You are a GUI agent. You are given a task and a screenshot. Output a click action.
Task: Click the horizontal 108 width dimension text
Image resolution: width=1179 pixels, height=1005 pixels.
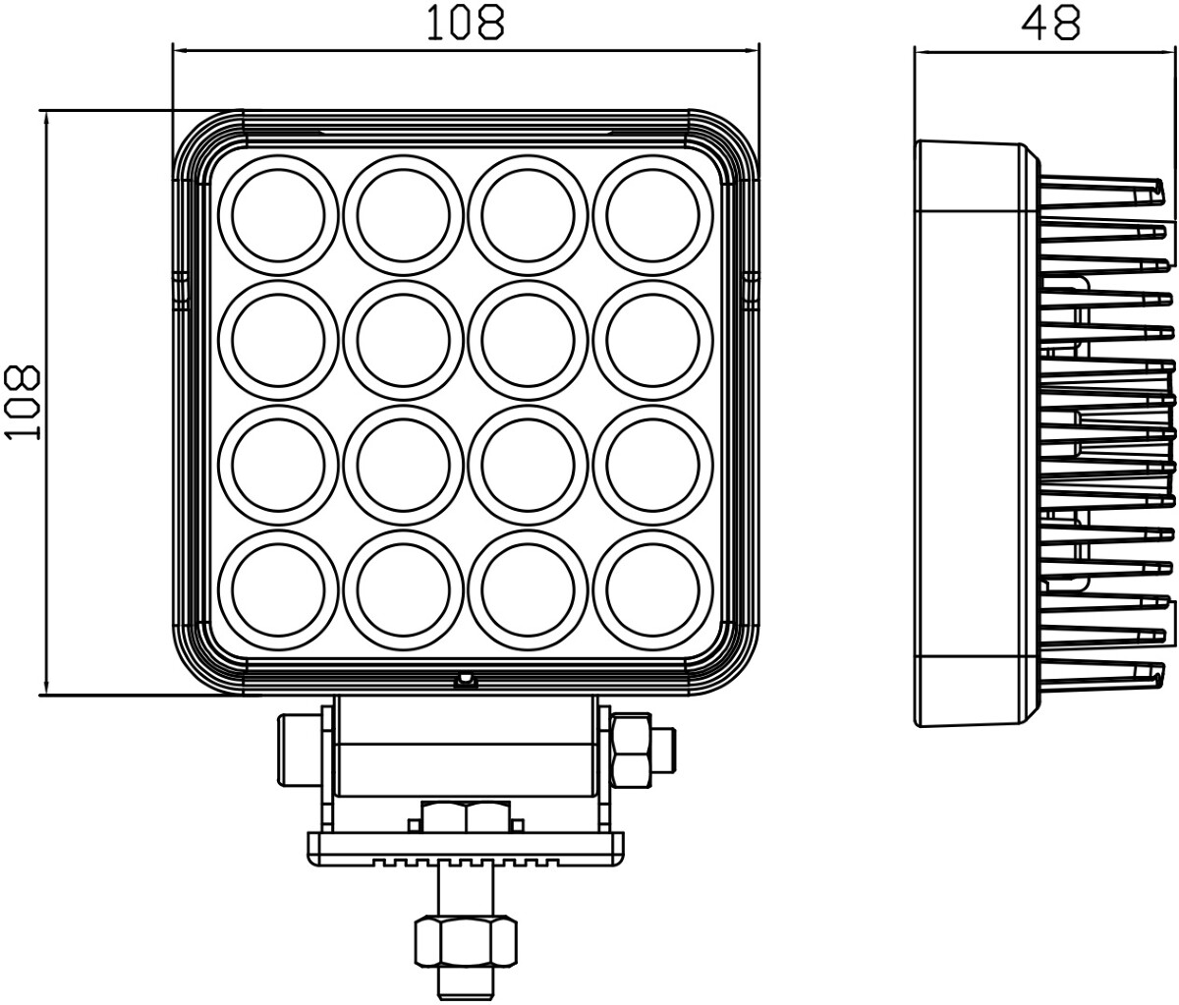point(466,23)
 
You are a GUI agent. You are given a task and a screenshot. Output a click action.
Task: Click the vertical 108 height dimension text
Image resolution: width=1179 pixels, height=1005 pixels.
point(23,403)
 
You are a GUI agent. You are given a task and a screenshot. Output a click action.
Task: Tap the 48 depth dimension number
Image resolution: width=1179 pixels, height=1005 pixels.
point(1051,25)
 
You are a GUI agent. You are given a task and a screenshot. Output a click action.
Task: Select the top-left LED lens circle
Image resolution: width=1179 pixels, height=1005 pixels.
point(278,215)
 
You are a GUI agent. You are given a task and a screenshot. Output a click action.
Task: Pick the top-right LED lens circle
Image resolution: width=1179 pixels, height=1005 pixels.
point(653,215)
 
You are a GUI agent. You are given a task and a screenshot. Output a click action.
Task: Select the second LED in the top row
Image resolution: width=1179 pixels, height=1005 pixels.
point(403,215)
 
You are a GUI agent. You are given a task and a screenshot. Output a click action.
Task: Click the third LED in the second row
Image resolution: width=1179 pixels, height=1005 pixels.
point(529,341)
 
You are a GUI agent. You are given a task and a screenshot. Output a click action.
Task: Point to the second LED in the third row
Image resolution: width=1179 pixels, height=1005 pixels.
point(403,466)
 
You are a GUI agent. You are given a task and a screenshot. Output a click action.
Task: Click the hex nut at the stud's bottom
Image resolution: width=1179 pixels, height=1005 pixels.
point(466,943)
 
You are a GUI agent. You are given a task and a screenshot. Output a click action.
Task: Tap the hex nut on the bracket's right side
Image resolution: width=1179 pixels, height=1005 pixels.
point(631,750)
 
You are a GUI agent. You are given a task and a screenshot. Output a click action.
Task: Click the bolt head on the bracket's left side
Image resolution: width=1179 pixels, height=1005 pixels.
point(299,751)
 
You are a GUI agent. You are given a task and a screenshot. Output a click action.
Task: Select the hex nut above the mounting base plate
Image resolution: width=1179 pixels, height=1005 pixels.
point(466,816)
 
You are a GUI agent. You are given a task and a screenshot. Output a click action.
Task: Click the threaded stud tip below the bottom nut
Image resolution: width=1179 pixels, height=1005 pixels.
point(466,984)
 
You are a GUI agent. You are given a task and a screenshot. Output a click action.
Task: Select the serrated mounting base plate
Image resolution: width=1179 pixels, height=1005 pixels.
point(466,849)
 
